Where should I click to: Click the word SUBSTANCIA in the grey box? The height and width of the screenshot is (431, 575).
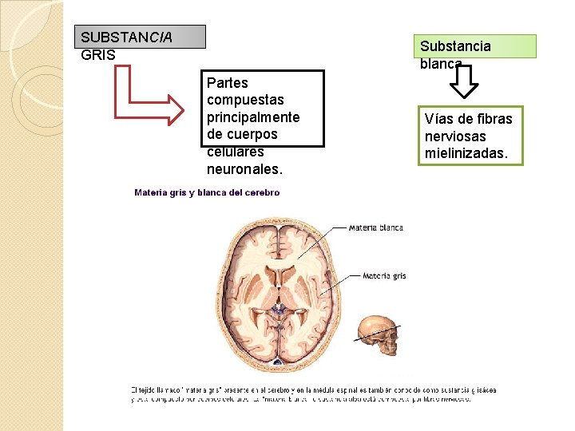pos(126,38)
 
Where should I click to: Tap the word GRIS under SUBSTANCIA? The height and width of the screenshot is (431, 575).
pos(98,55)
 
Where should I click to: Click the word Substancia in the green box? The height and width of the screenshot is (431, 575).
pos(455,46)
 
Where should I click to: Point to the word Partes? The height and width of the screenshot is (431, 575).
pos(227,83)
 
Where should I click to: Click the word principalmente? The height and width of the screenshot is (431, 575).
pos(252,117)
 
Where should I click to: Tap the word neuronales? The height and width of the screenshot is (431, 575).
pos(244,169)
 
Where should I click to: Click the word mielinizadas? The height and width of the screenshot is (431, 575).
pos(466,152)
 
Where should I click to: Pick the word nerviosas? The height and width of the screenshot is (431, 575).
pos(455,136)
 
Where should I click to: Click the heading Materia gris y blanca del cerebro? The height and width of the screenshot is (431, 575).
pos(207,192)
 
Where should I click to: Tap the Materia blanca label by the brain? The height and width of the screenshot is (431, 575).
pos(376,227)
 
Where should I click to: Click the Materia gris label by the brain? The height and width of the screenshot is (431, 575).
pos(384,276)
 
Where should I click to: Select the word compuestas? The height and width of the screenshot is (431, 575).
pos(245,100)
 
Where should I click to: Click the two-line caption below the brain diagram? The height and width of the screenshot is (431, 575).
pos(313,394)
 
